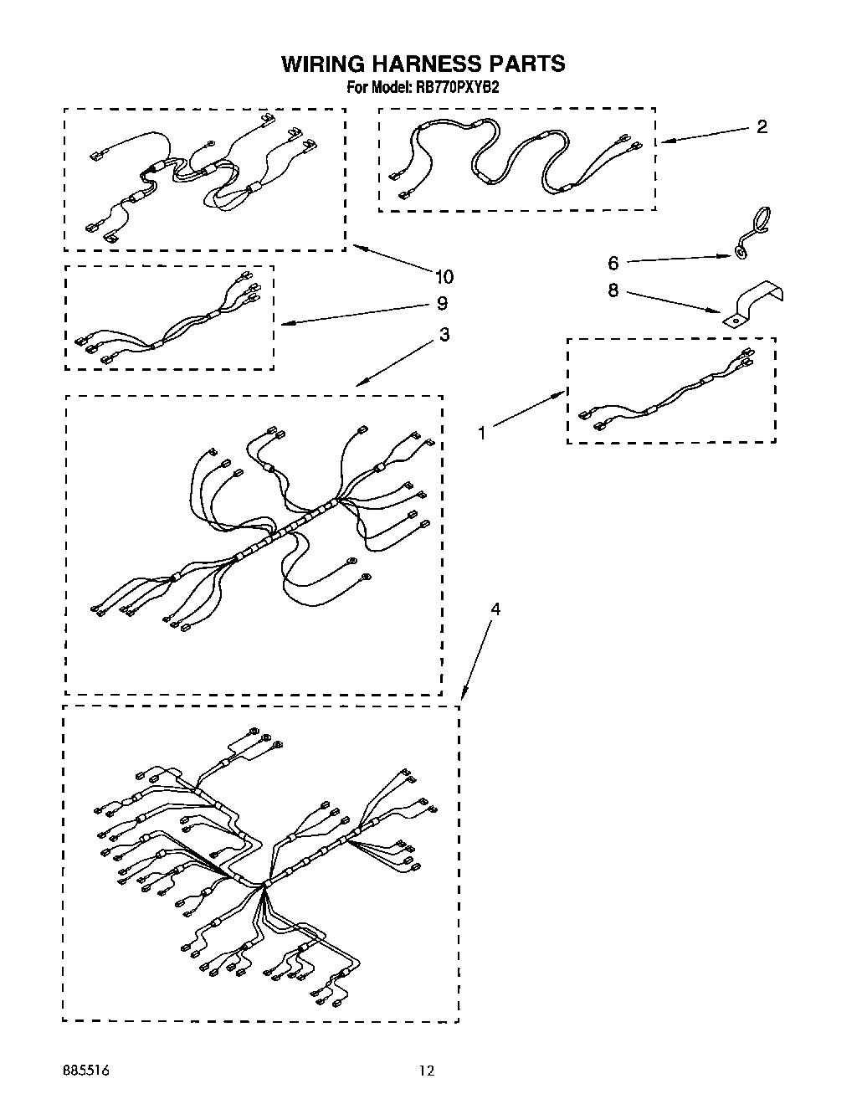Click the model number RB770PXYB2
pos(458,87)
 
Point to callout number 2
pos(761,127)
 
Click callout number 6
pos(613,264)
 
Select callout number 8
pos(613,290)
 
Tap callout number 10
pos(444,276)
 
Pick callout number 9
pos(442,303)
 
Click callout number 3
pos(444,335)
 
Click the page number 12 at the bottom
pos(428,1070)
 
